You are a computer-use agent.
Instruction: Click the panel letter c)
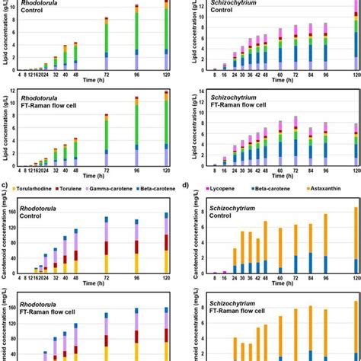[4, 185]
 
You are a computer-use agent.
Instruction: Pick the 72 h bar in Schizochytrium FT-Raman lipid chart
[295, 141]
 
